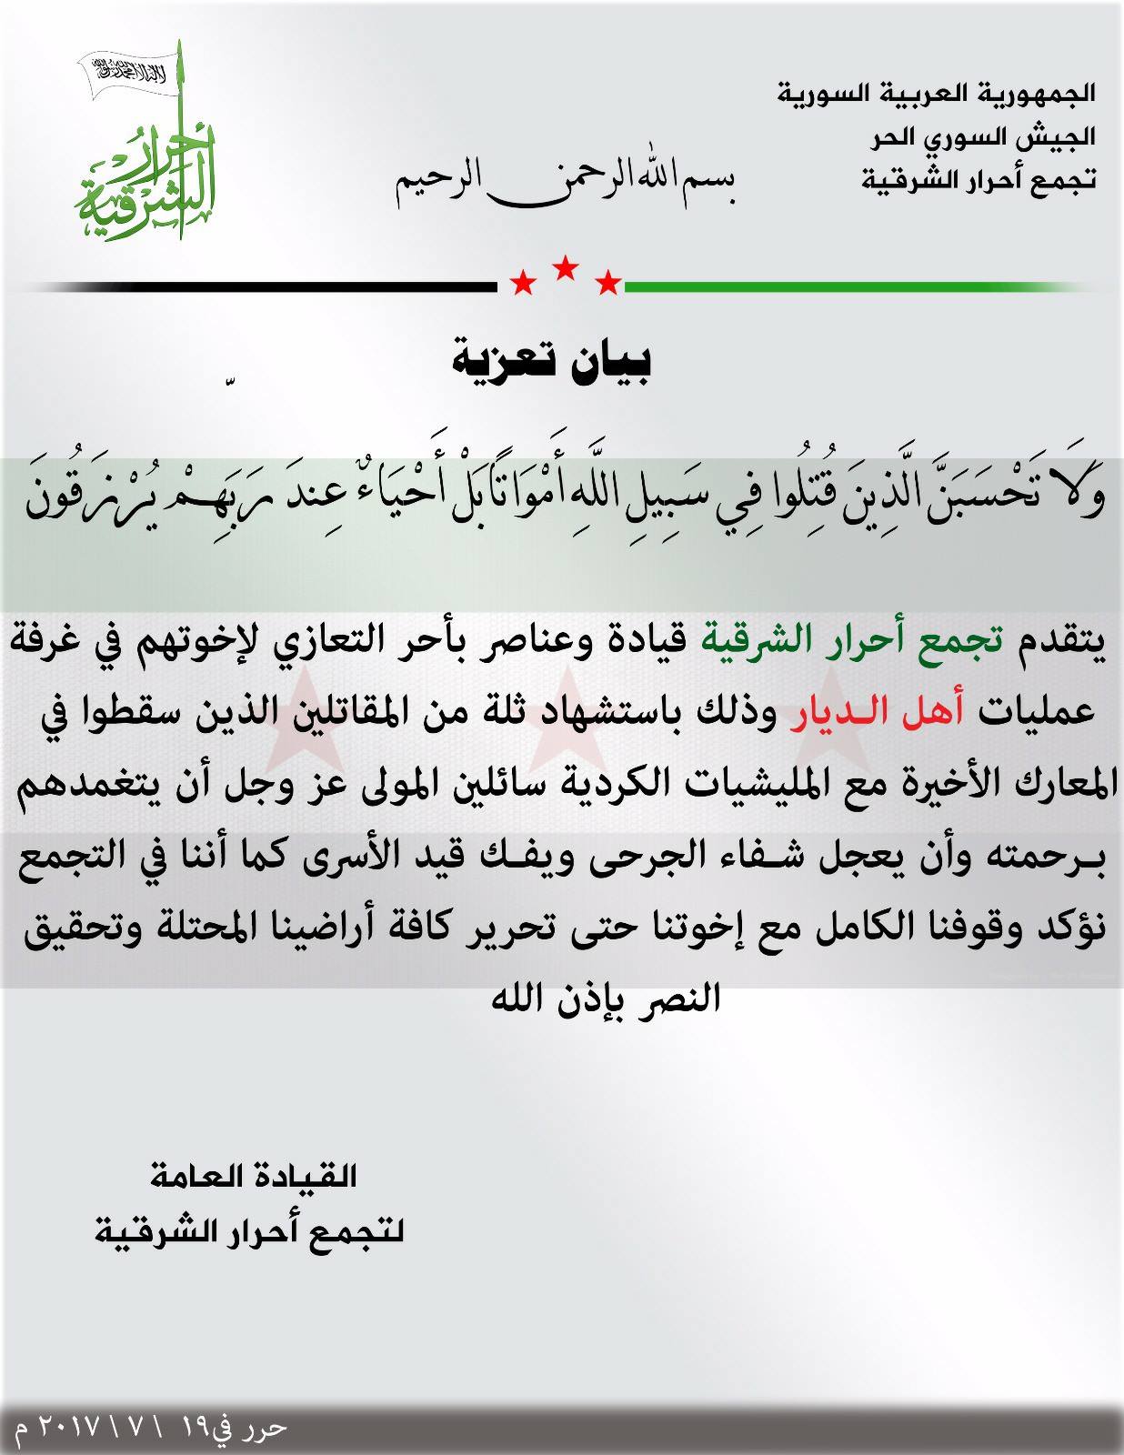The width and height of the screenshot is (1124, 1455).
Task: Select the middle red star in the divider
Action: (565, 267)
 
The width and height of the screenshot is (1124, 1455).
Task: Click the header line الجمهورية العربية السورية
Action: (936, 93)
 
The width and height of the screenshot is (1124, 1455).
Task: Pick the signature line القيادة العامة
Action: (253, 1177)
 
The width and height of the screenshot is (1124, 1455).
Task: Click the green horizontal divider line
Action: (855, 287)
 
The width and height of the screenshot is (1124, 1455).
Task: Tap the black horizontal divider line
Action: (264, 287)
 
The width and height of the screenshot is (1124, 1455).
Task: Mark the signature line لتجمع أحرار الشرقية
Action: (249, 1232)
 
